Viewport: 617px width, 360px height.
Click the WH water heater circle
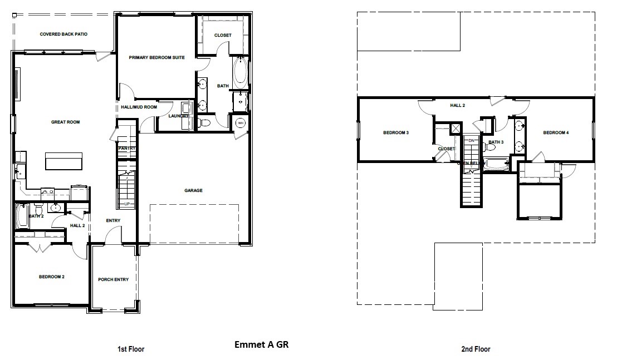point(241,122)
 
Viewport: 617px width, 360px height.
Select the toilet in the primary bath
point(204,122)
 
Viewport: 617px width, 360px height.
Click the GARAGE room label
point(193,190)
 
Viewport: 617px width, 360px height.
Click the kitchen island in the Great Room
point(64,161)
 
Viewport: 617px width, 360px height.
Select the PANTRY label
point(127,148)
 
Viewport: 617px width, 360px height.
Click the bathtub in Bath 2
point(23,216)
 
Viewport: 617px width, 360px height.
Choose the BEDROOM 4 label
point(556,132)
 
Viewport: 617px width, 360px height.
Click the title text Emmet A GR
point(261,344)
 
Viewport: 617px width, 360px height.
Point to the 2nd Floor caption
point(476,349)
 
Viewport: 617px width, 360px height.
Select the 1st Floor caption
point(130,349)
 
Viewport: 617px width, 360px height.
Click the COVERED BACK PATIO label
point(63,34)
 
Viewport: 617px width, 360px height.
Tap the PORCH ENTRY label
point(113,279)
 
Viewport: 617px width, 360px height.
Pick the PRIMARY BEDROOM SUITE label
point(156,57)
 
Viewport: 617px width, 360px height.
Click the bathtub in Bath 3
point(496,165)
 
